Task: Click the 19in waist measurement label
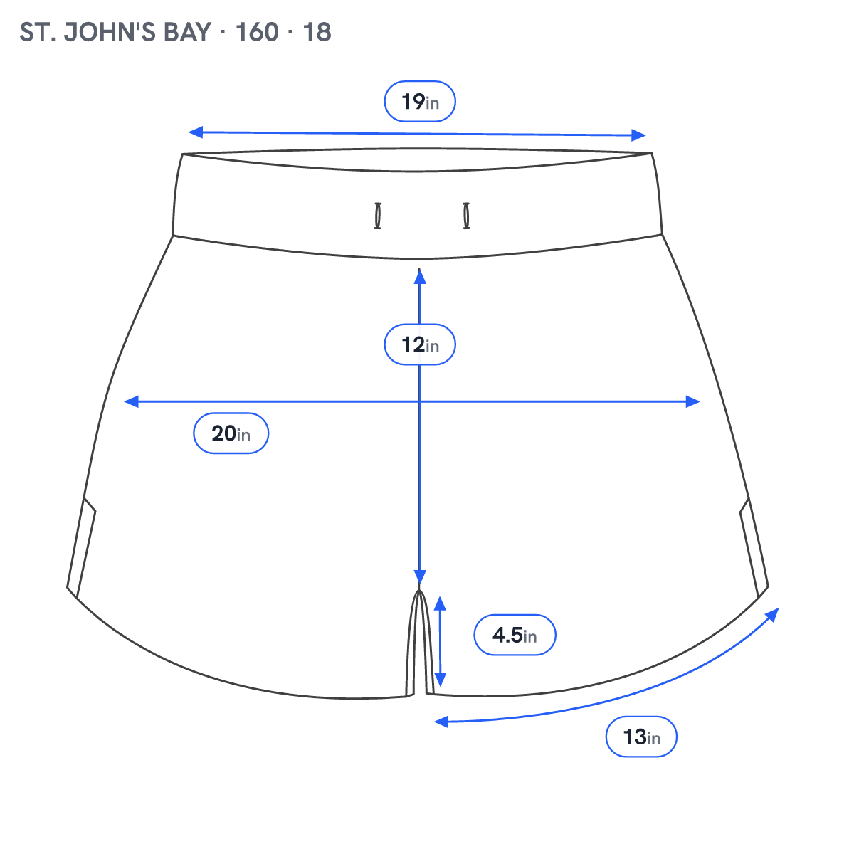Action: click(420, 102)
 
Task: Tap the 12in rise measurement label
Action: click(420, 344)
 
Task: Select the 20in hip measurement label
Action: click(231, 433)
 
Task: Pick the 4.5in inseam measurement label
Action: click(515, 635)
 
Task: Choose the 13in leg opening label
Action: click(641, 737)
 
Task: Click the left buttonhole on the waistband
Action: click(378, 216)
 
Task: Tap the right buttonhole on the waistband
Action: click(466, 216)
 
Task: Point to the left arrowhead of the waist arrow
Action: click(196, 132)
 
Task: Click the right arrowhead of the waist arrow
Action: click(638, 135)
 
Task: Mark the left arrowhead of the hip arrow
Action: click(131, 401)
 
